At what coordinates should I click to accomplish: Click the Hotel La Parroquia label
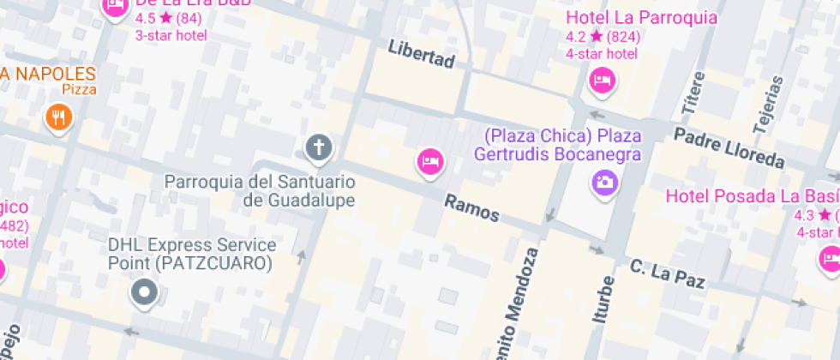(x=641, y=18)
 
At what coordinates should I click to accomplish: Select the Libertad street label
(x=421, y=53)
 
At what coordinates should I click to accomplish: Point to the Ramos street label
(x=471, y=207)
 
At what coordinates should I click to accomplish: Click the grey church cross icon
(x=318, y=147)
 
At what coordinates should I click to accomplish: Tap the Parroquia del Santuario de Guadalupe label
(x=260, y=191)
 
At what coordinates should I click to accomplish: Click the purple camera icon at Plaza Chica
(x=604, y=181)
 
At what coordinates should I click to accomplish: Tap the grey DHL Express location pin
(x=144, y=293)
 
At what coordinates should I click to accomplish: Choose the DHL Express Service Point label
(x=192, y=255)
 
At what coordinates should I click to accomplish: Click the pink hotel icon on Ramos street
(x=430, y=160)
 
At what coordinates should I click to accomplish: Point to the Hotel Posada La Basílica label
(x=753, y=196)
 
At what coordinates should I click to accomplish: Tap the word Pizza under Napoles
(x=79, y=89)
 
